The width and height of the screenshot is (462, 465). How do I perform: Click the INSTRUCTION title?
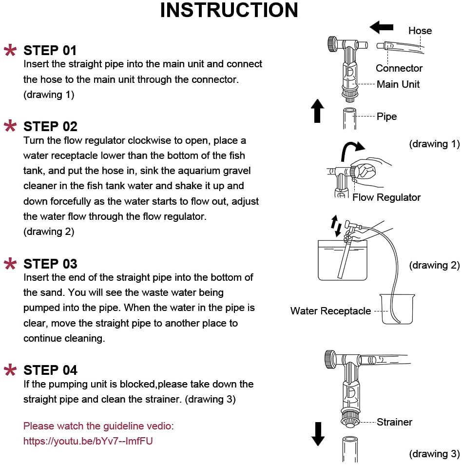click(x=229, y=11)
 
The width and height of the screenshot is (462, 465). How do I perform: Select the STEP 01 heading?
click(x=50, y=50)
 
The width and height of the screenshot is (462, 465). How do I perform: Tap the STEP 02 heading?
click(x=50, y=127)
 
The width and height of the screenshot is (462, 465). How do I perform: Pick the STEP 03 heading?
click(x=50, y=264)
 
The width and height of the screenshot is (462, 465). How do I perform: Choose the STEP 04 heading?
click(x=50, y=370)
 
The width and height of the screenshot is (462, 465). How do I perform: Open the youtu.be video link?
click(x=91, y=441)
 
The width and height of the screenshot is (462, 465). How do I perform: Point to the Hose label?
click(x=420, y=31)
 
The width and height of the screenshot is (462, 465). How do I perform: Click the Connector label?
click(x=399, y=68)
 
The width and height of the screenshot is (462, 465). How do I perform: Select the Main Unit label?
click(x=398, y=84)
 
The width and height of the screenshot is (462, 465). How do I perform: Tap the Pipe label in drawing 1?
click(x=386, y=116)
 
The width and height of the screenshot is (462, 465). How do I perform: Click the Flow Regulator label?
click(x=386, y=197)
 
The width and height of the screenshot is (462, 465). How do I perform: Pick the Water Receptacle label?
click(x=330, y=311)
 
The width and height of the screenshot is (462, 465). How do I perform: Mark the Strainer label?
click(x=394, y=422)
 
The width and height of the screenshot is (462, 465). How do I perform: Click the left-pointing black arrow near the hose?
click(x=381, y=27)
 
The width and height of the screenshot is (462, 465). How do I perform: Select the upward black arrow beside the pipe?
click(x=317, y=111)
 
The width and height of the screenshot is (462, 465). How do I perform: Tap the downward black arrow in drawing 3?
click(x=318, y=433)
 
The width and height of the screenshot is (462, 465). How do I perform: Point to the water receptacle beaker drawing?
click(x=397, y=309)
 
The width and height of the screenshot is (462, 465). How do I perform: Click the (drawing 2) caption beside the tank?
click(x=434, y=265)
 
